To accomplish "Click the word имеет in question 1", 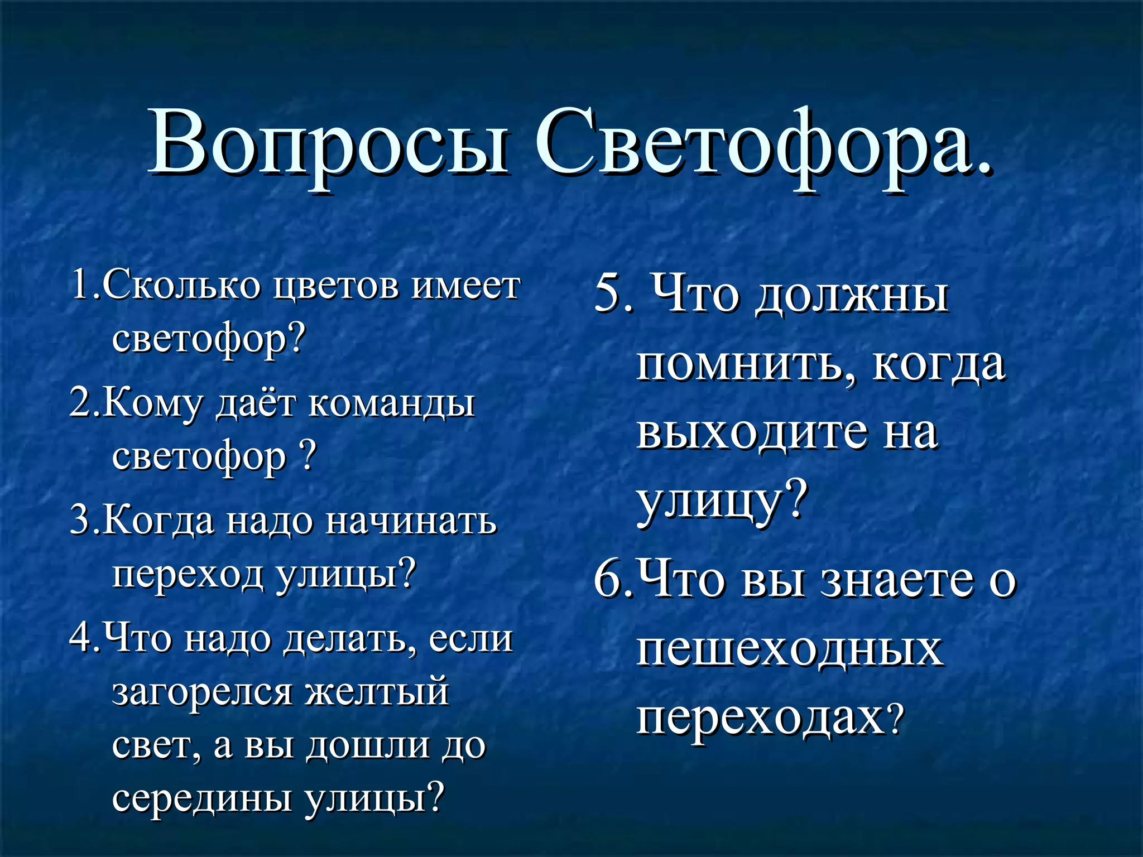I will [465, 286].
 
